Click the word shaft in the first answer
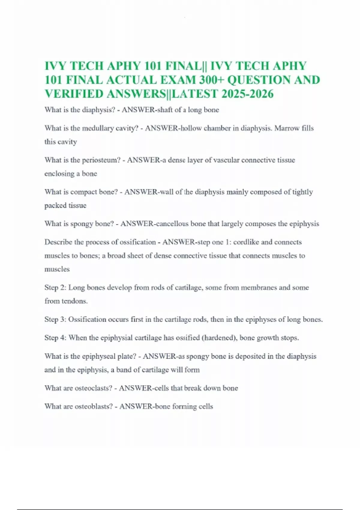[165, 110]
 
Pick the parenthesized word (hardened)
[220, 338]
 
